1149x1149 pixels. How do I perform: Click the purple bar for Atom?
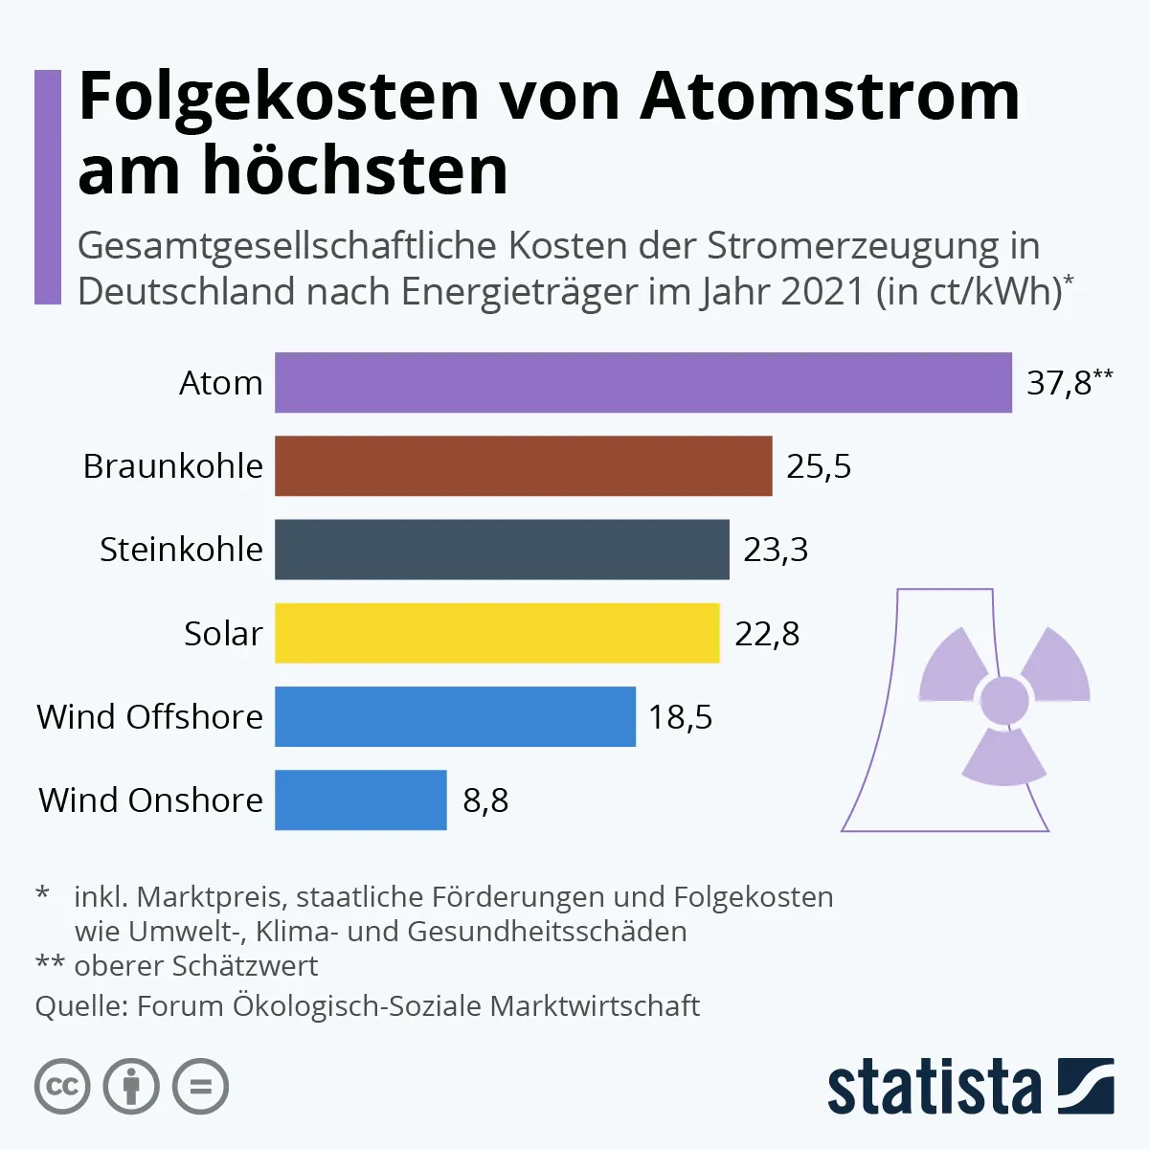(x=642, y=383)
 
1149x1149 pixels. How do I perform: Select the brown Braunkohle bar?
(x=523, y=466)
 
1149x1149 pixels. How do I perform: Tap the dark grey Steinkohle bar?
(x=502, y=550)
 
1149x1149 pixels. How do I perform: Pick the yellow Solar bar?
(x=497, y=633)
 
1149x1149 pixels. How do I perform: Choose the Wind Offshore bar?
(x=455, y=716)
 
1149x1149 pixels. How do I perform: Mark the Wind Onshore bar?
(x=360, y=800)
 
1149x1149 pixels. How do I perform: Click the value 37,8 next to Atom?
(x=1059, y=383)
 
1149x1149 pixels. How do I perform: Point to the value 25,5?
(x=819, y=466)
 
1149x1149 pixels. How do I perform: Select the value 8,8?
(x=485, y=800)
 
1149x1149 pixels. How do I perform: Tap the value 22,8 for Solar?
(x=767, y=634)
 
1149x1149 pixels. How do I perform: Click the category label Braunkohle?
(x=173, y=466)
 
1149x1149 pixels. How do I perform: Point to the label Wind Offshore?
(x=149, y=717)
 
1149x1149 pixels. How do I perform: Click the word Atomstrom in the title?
(x=829, y=96)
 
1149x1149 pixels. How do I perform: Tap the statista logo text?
(x=934, y=1089)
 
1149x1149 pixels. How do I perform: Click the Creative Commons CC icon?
(x=62, y=1087)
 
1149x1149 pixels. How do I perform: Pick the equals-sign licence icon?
(x=200, y=1087)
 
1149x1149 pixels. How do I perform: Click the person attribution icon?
(x=131, y=1087)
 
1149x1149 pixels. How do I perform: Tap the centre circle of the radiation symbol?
(x=1004, y=700)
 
